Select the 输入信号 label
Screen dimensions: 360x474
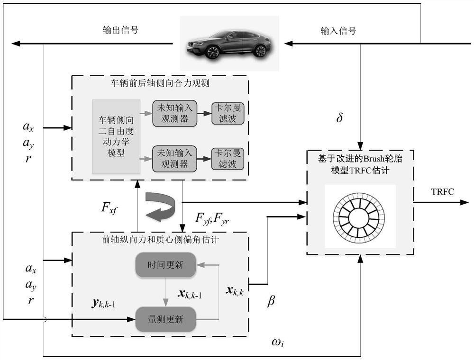pyautogui.click(x=338, y=31)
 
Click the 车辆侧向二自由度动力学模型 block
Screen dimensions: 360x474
pyautogui.click(x=116, y=136)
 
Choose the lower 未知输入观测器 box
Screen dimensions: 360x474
pyautogui.click(x=173, y=158)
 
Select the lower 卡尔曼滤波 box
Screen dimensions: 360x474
pyautogui.click(x=228, y=158)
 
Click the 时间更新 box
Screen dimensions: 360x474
pyautogui.click(x=165, y=265)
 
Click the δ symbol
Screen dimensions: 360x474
pyautogui.click(x=339, y=117)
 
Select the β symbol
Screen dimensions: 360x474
pyautogui.click(x=271, y=301)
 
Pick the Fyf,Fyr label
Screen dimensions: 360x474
pyautogui.click(x=212, y=218)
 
